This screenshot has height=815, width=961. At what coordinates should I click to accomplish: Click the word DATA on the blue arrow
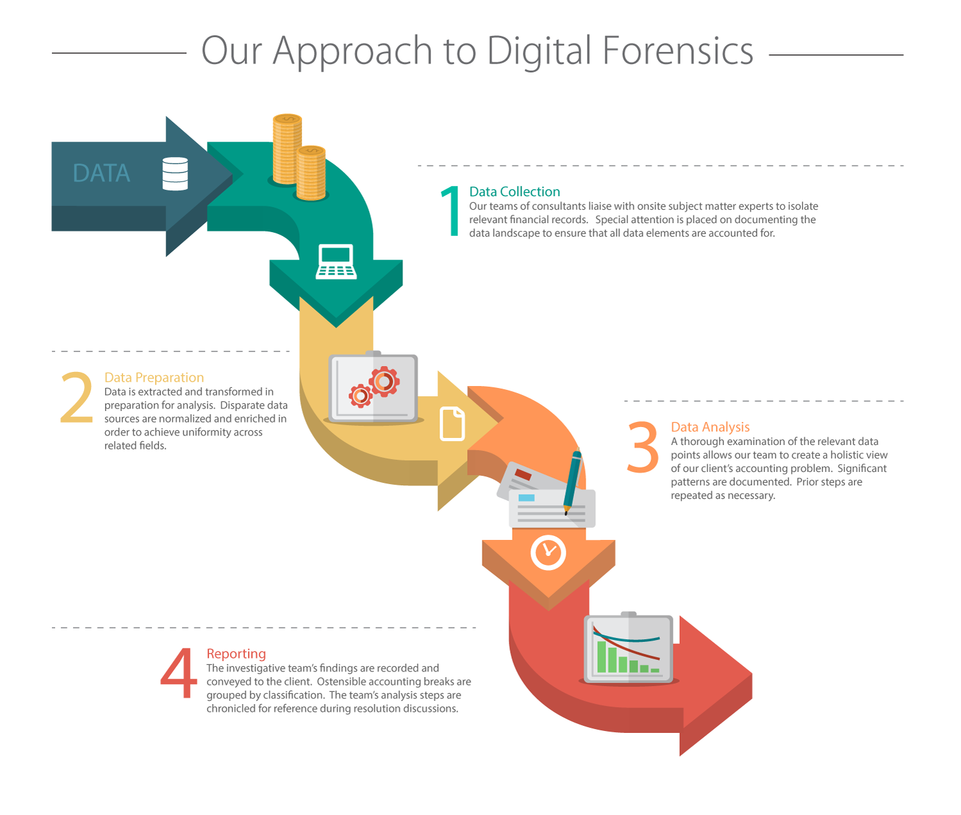point(101,173)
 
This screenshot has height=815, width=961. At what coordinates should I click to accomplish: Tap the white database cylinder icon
point(175,174)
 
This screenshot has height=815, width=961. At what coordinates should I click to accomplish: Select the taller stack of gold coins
point(287,149)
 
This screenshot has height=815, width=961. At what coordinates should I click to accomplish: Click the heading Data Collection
point(514,192)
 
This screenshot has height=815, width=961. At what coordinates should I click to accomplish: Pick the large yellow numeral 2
point(76,398)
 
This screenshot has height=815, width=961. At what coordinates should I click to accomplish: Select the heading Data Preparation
point(154,378)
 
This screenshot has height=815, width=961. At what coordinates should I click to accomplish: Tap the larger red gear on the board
point(384,382)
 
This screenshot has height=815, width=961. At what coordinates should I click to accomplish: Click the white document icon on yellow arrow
point(452,424)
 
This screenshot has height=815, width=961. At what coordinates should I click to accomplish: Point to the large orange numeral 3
point(643,447)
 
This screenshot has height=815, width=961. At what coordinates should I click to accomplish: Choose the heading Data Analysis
point(710,427)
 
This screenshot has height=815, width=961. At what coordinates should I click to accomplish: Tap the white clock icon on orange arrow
point(548,551)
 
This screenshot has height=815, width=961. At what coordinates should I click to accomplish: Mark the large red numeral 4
point(179,673)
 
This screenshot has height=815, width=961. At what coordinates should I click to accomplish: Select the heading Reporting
point(236,653)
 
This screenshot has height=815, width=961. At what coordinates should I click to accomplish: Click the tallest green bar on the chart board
point(602,657)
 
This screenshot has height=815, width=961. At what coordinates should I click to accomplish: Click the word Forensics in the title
point(678,51)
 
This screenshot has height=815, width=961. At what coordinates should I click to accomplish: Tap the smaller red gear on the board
point(361,396)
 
